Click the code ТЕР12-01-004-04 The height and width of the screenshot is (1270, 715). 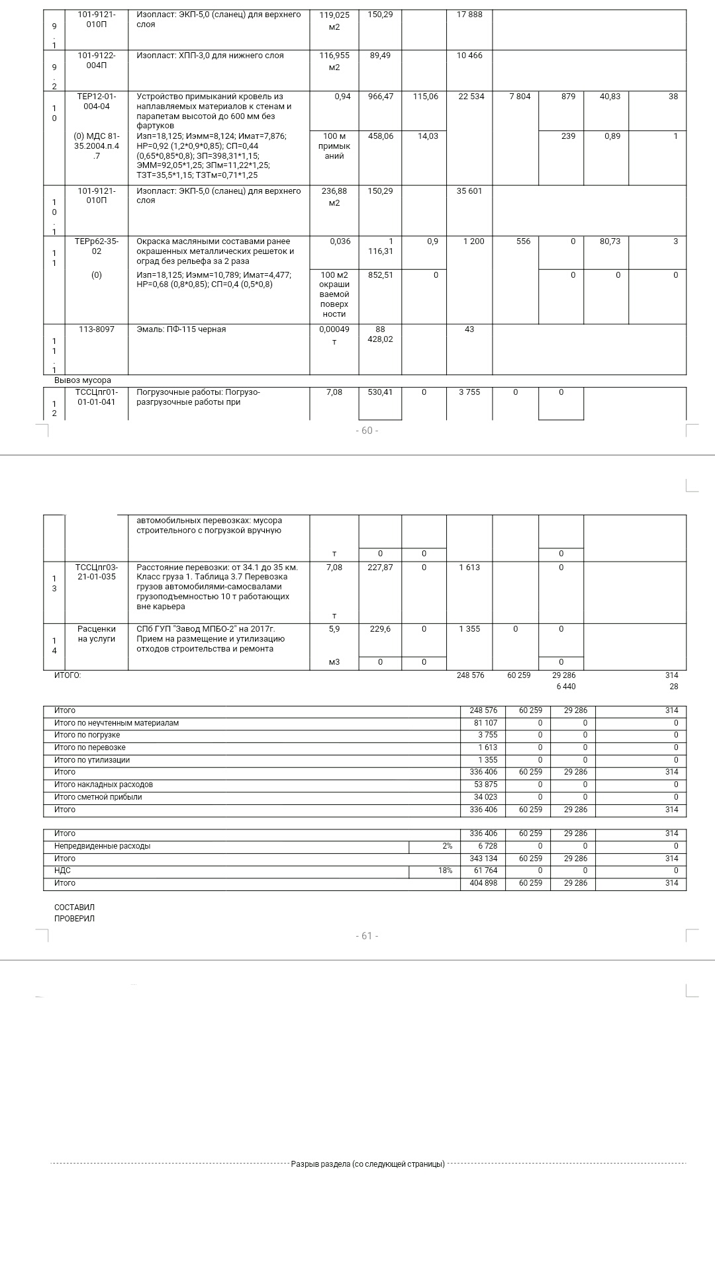coord(96,101)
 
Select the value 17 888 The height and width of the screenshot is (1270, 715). coord(469,15)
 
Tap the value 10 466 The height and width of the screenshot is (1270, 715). coord(469,56)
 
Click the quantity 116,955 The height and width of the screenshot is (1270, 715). coord(334,56)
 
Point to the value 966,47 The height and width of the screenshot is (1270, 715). coord(380,97)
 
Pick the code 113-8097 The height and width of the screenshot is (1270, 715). coord(96,329)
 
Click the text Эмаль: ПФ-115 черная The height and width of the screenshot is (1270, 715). coord(181,329)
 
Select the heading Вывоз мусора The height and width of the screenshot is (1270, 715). coord(83,380)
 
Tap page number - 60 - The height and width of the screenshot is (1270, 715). coord(367,431)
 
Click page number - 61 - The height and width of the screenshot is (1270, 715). coord(367,936)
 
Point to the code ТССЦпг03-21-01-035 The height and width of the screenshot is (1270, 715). coord(96,572)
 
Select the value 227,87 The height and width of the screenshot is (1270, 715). coord(380,568)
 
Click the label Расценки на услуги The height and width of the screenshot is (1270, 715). coord(96,634)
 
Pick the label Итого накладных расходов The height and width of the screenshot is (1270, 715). coord(103,784)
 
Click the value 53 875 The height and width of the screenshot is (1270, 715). coord(485,784)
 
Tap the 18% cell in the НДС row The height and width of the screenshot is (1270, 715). coord(445,870)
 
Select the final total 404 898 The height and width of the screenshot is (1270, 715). coord(483,883)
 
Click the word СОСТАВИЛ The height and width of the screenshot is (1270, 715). coord(74,908)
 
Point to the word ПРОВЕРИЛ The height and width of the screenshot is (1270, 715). coord(74,919)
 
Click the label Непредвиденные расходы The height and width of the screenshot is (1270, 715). coord(102,846)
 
